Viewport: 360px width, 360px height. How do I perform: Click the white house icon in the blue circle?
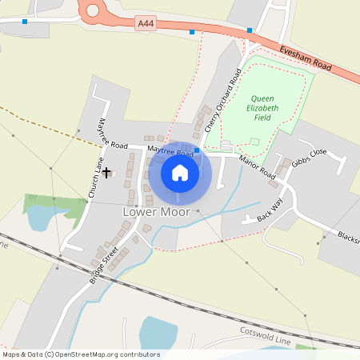[x=180, y=172]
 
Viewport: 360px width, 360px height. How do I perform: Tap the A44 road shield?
[x=145, y=25]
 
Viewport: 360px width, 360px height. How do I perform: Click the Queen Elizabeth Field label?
[x=262, y=108]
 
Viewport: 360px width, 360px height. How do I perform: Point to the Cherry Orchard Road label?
[x=222, y=100]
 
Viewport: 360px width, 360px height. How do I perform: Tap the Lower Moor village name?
[x=156, y=213]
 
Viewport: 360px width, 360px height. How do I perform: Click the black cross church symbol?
[x=106, y=171]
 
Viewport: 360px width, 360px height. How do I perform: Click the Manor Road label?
[x=257, y=167]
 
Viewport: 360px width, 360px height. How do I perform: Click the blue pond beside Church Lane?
[x=38, y=216]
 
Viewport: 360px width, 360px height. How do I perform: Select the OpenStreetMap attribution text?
[x=81, y=354]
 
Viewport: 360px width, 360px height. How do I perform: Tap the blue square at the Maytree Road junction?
[x=197, y=150]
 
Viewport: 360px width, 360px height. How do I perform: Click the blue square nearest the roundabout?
[x=26, y=22]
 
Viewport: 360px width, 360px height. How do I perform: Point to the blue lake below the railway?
[x=158, y=332]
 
